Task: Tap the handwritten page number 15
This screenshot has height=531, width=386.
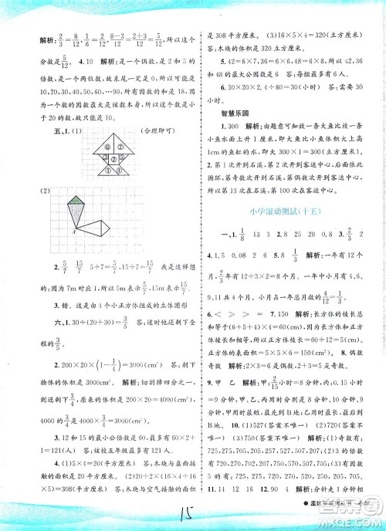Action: click(192, 512)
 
